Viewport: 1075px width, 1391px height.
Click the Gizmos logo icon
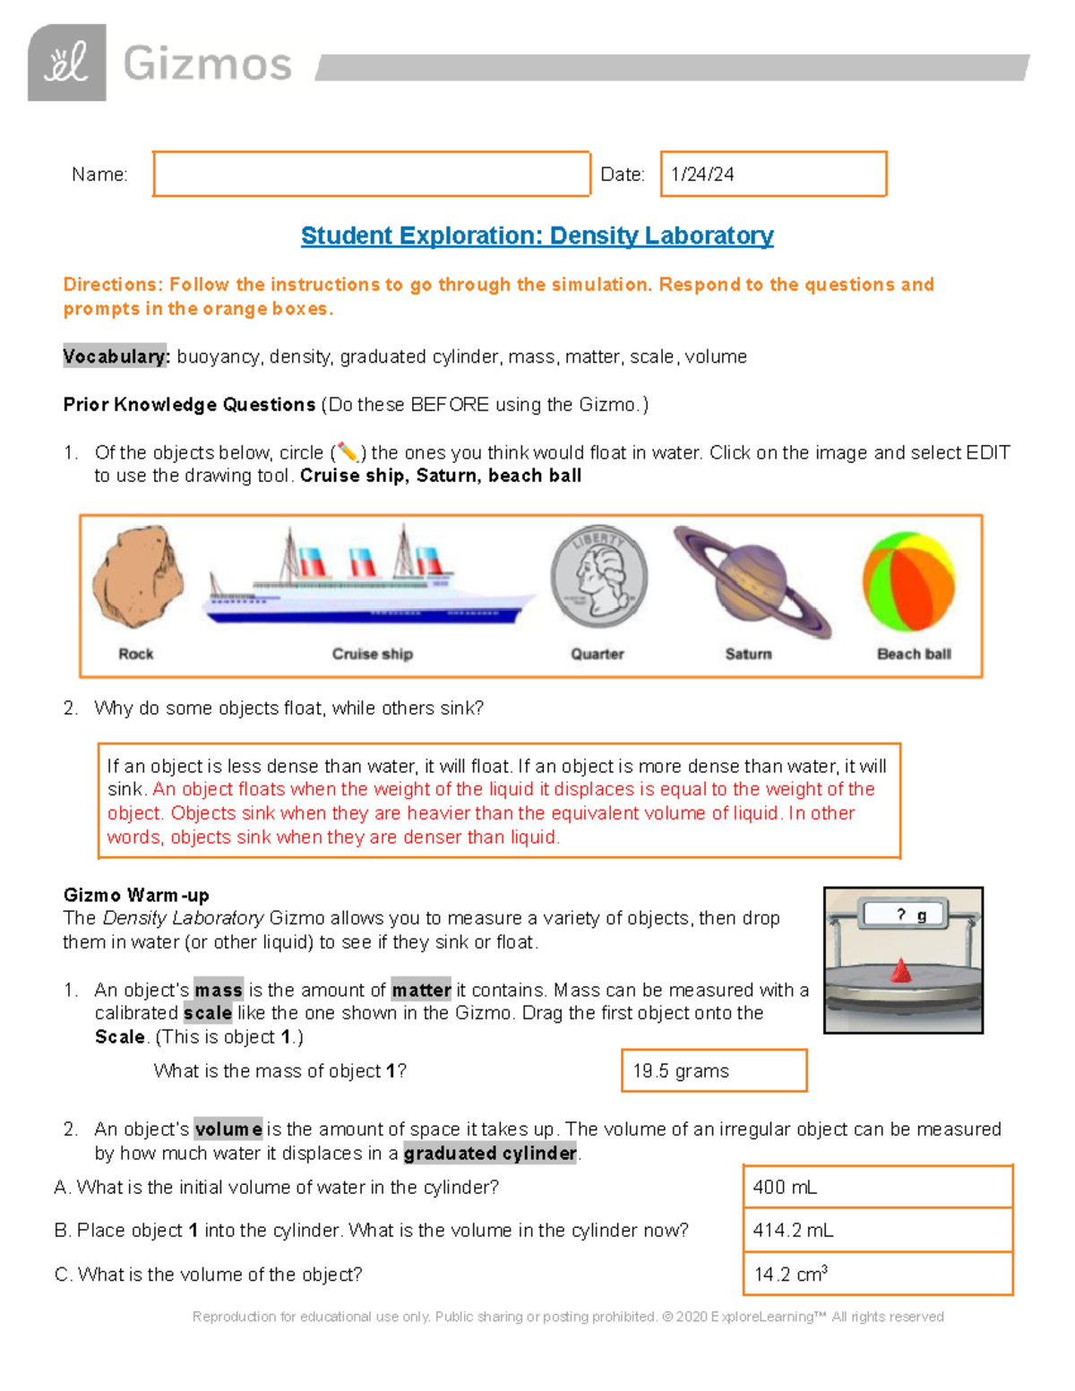[x=67, y=63]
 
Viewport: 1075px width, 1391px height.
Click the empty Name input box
[x=371, y=174]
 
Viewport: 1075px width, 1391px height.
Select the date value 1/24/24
[x=702, y=175]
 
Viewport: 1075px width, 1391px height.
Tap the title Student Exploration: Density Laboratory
[x=537, y=236]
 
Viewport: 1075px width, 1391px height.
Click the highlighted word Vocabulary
[x=116, y=356]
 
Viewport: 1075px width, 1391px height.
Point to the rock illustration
[x=137, y=578]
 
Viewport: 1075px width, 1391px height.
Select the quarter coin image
[x=598, y=577]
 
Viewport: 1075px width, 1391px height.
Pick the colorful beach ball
[x=908, y=581]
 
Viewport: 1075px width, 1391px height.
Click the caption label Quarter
[x=598, y=654]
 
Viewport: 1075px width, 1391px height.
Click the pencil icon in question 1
[x=348, y=452]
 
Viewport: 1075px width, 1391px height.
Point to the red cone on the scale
[x=901, y=971]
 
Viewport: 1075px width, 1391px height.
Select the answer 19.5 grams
[x=681, y=1071]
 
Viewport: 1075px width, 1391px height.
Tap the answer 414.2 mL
[x=793, y=1231]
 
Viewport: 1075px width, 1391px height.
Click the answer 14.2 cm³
[x=790, y=1274]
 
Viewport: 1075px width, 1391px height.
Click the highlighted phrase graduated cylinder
[x=490, y=1153]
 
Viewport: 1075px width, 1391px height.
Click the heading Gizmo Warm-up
[x=136, y=895]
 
